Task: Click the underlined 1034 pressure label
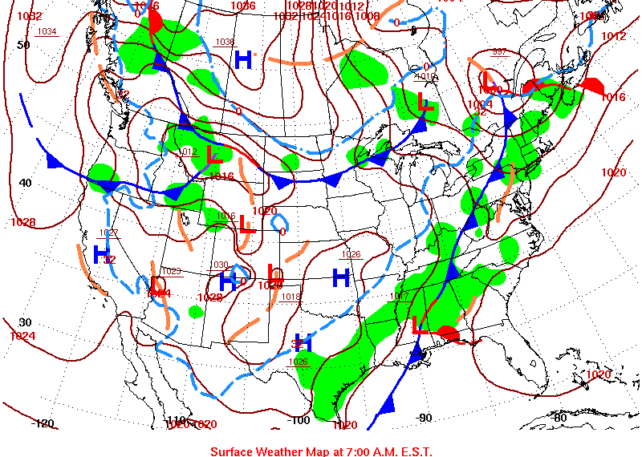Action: (x=47, y=32)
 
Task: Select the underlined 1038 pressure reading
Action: (x=225, y=42)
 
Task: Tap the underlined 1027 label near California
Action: (x=109, y=233)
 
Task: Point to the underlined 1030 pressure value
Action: (x=220, y=265)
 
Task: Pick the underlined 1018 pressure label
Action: (x=291, y=297)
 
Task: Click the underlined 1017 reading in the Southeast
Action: (x=399, y=297)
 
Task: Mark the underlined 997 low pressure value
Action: (x=499, y=52)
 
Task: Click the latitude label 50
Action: (x=24, y=45)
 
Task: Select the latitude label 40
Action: (x=25, y=183)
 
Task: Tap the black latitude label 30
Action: (x=25, y=322)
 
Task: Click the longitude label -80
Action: (x=559, y=418)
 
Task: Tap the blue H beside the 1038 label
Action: (x=243, y=59)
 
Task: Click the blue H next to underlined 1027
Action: (x=101, y=255)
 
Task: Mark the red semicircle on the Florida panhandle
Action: (x=449, y=333)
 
